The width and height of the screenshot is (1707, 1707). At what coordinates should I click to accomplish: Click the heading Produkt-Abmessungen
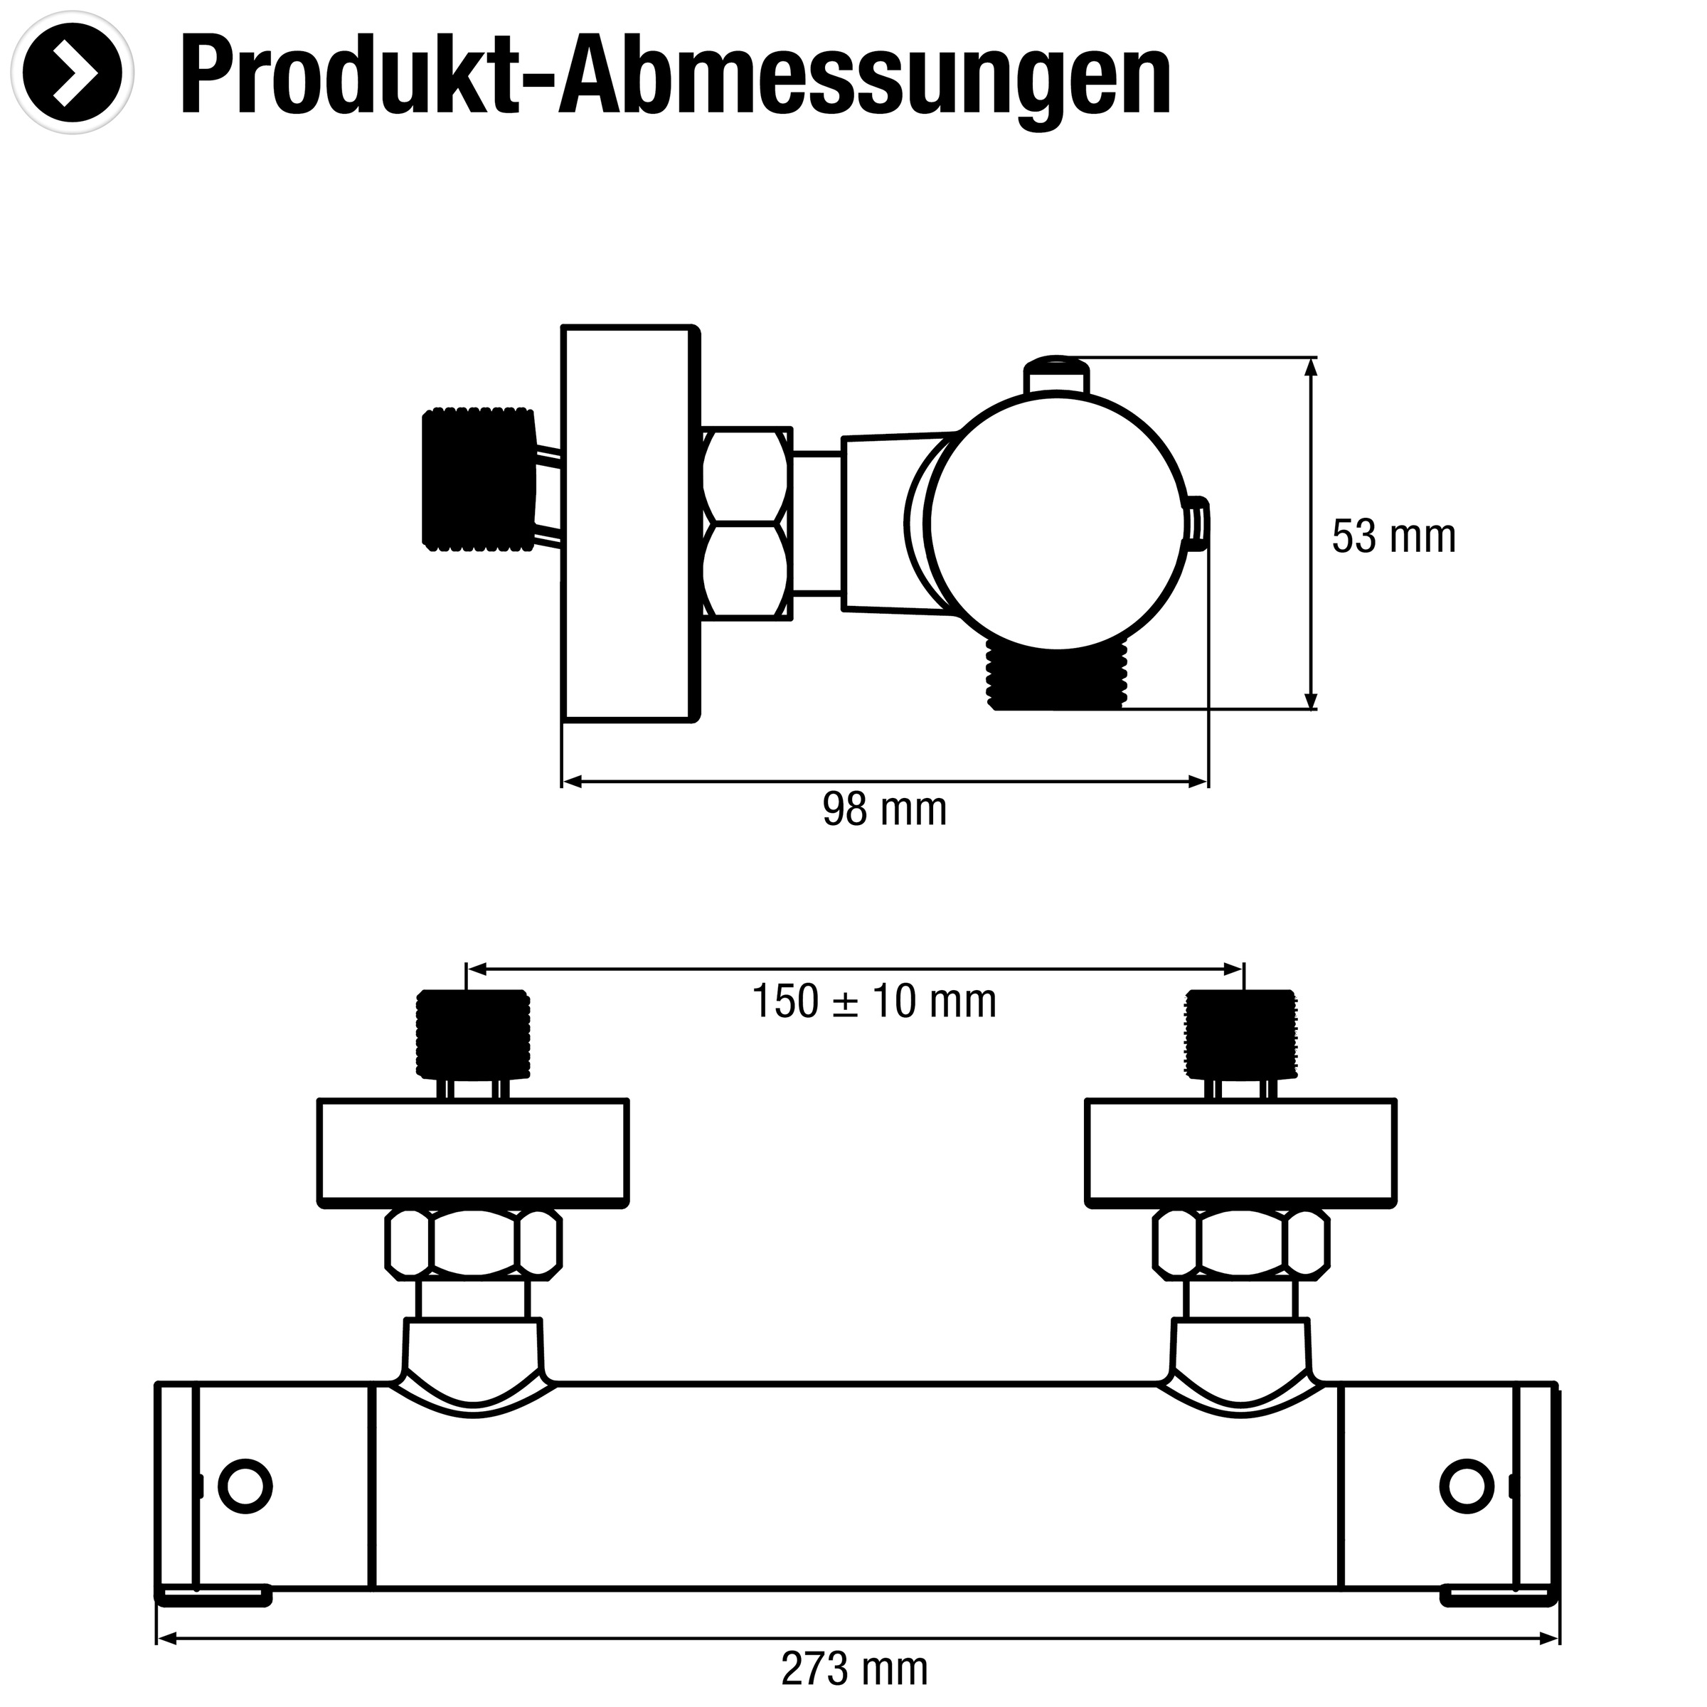675,78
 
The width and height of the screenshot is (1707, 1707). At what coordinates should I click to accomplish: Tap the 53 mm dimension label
1393,536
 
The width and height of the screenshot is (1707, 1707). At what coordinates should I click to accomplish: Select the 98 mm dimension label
884,809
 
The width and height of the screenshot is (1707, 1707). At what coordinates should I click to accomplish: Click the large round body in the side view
1058,523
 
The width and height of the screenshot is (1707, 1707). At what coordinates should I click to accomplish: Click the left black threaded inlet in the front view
474,1035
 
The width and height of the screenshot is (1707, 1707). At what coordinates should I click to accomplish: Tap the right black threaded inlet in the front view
1240,1035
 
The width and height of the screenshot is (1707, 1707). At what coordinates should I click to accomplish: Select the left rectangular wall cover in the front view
473,1152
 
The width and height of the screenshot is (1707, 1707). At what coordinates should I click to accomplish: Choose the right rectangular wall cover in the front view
1240,1152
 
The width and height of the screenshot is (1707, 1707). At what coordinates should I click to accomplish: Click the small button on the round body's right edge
1197,524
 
